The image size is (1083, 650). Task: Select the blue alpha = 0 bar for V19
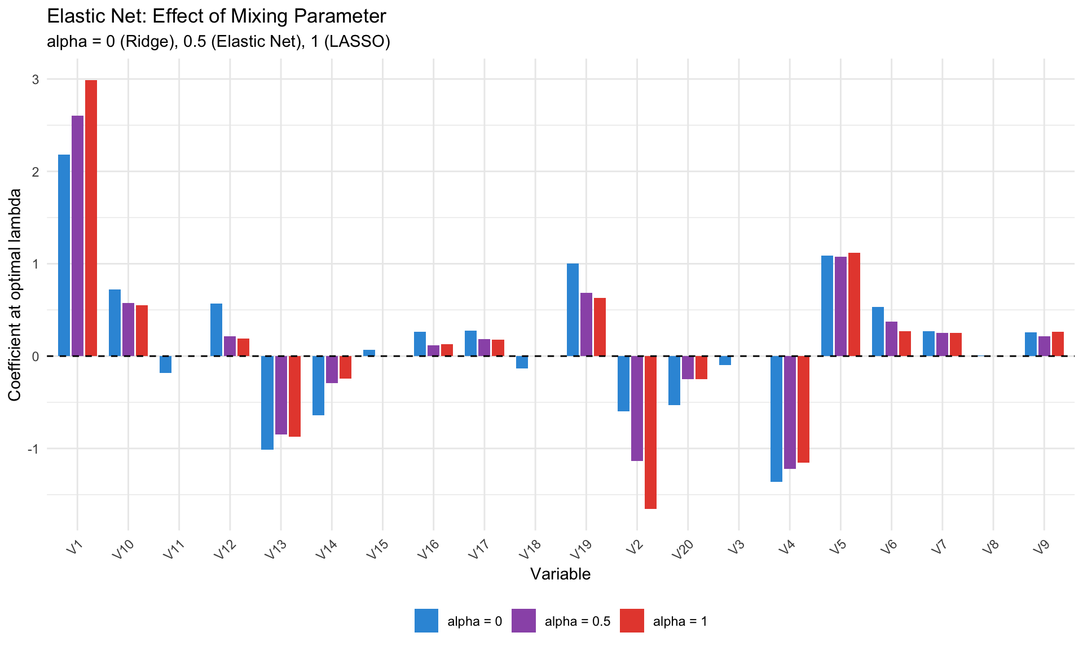point(573,310)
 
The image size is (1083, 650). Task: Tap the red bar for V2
point(650,432)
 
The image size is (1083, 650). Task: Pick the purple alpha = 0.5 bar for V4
point(790,412)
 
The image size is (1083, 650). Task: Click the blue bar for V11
point(165,364)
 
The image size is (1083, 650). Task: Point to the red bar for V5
point(854,305)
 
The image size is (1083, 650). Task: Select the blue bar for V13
point(267,403)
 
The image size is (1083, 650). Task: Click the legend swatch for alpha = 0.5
point(523,621)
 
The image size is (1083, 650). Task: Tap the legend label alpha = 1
point(680,622)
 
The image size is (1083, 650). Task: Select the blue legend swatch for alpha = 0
point(426,621)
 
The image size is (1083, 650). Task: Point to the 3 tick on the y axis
point(36,80)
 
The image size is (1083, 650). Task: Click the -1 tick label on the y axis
point(33,449)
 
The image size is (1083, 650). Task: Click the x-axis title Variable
point(560,574)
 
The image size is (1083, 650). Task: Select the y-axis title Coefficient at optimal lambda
point(15,295)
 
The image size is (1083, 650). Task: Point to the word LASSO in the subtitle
point(359,42)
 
